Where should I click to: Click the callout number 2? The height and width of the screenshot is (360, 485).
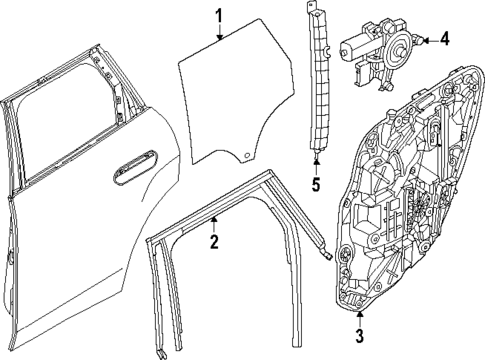213,241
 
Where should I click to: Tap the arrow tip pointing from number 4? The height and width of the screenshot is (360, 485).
424,40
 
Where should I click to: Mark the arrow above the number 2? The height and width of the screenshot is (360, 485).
213,222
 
